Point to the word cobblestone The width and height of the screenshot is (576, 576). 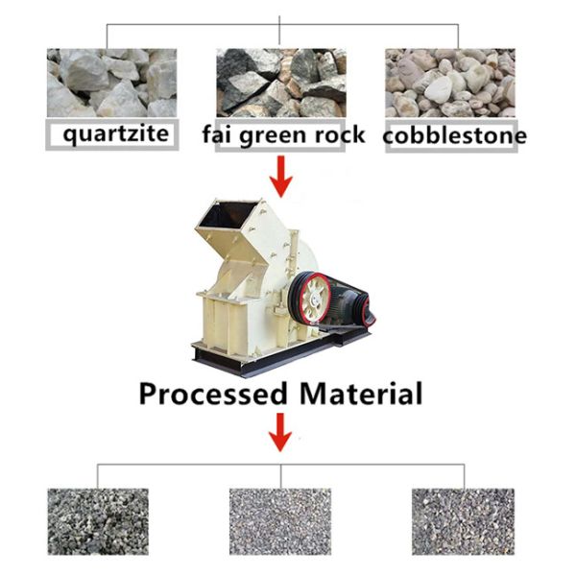(x=454, y=136)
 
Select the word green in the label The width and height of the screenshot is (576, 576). (x=272, y=134)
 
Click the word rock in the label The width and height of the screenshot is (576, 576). (x=340, y=133)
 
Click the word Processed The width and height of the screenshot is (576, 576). (x=212, y=394)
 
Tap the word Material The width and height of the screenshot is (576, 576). (x=361, y=394)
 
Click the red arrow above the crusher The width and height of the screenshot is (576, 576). (x=280, y=172)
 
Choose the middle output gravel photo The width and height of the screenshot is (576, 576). (x=279, y=519)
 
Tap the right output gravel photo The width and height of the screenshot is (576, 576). (x=463, y=519)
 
